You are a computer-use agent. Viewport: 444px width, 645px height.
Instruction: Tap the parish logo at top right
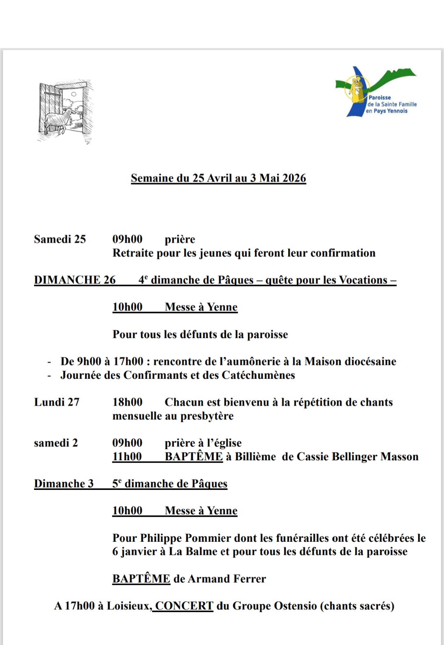pyautogui.click(x=376, y=92)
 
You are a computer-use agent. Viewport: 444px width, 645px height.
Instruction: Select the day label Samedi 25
pyautogui.click(x=60, y=239)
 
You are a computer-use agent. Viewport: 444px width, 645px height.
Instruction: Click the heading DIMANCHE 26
pyautogui.click(x=75, y=280)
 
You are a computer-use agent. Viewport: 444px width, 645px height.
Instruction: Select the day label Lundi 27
pyautogui.click(x=57, y=402)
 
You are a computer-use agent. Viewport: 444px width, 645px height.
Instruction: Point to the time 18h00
pyautogui.click(x=127, y=402)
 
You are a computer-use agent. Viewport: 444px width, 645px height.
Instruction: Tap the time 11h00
pyautogui.click(x=127, y=457)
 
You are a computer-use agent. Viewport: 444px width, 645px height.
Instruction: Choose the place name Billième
pyautogui.click(x=255, y=457)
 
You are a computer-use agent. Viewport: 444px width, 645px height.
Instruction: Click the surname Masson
pyautogui.click(x=400, y=457)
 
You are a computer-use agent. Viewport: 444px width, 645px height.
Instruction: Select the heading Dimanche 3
pyautogui.click(x=64, y=484)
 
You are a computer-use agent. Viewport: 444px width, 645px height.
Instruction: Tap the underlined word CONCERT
pyautogui.click(x=184, y=606)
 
